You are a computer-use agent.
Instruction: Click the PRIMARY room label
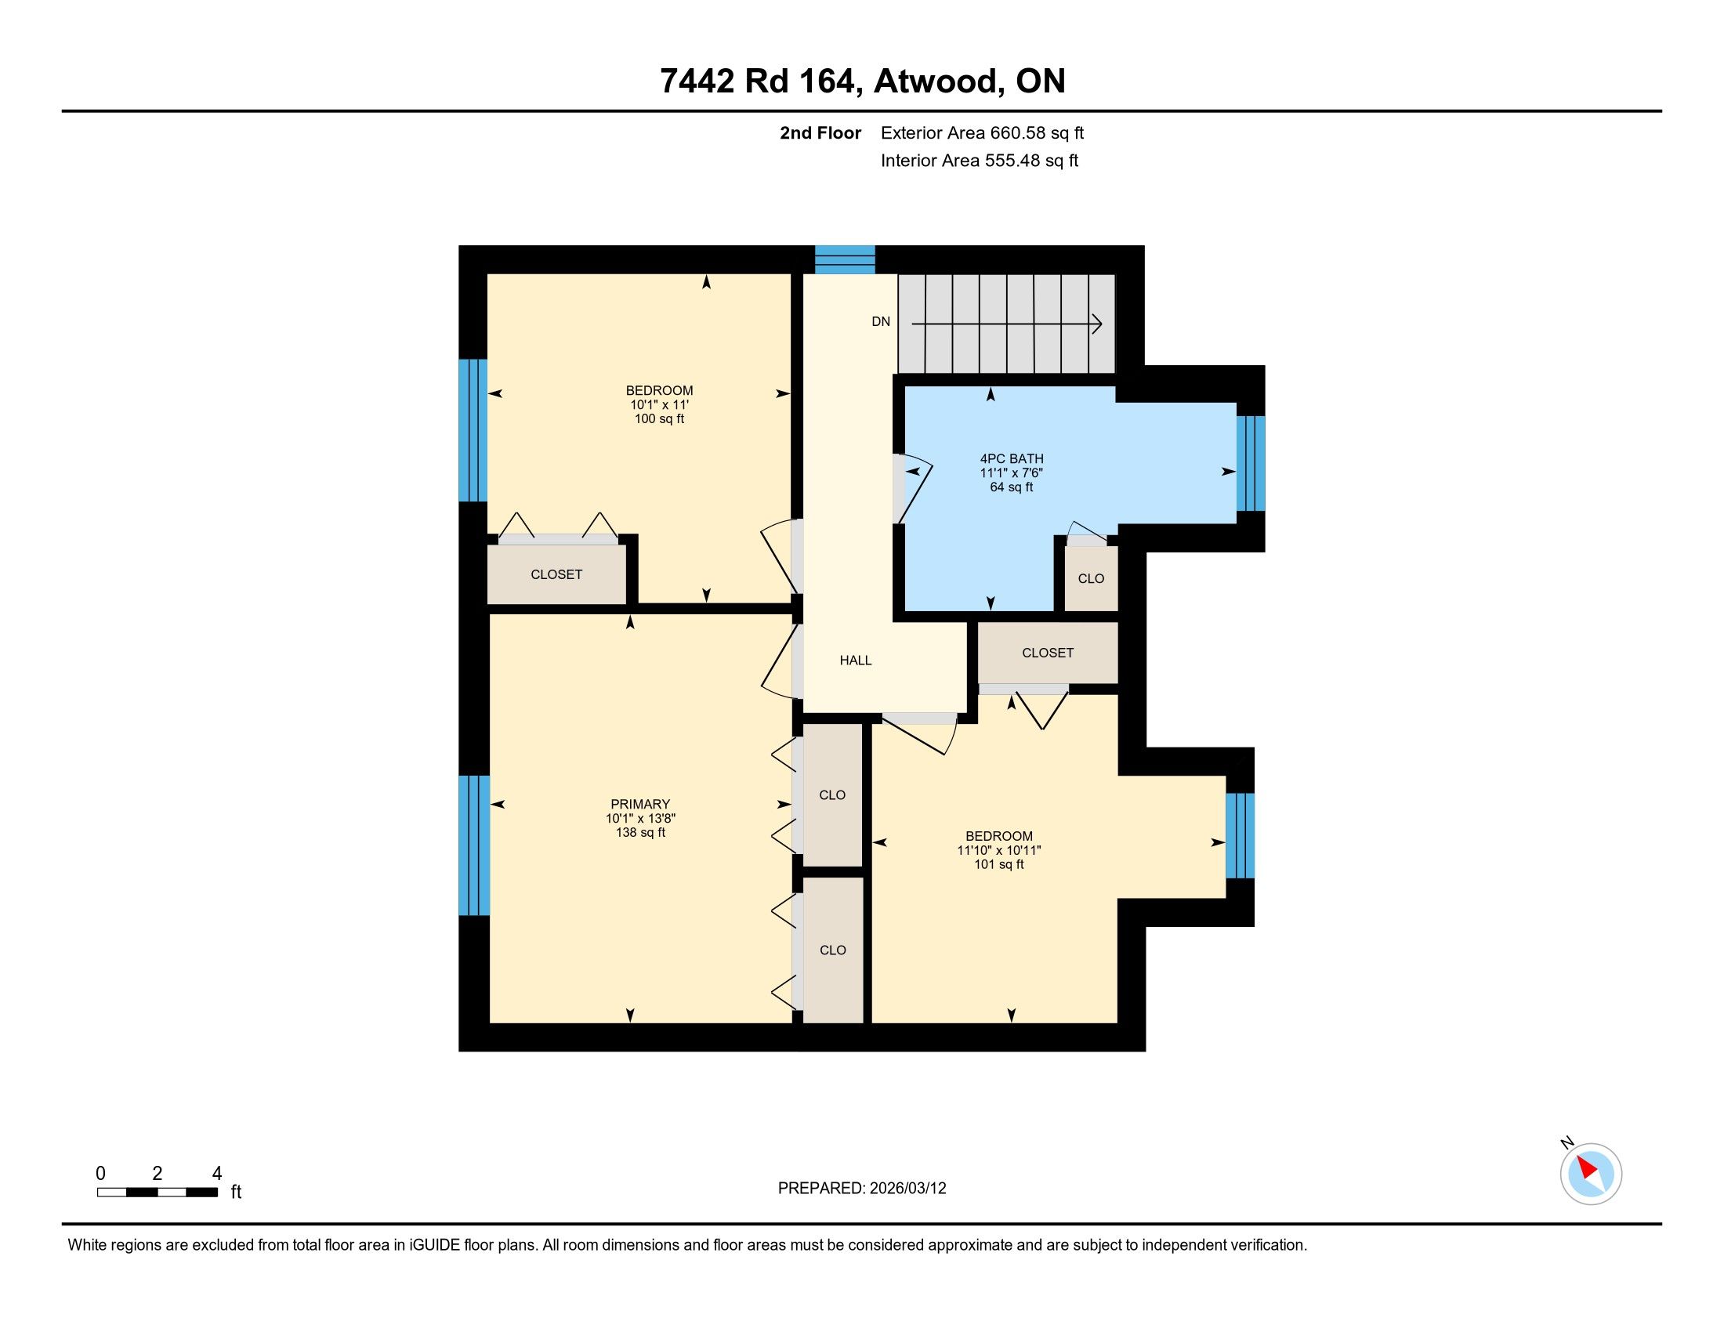tap(639, 805)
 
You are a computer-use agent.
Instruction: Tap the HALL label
tap(856, 661)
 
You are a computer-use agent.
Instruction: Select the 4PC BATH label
tap(1012, 458)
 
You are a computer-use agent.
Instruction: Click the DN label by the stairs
tap(881, 321)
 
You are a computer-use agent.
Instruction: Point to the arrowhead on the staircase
tap(1097, 324)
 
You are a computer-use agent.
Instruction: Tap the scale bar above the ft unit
tap(157, 1193)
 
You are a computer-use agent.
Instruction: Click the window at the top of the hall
tap(845, 259)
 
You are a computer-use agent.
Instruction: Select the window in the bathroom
tap(1251, 464)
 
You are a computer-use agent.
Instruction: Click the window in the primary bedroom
tap(473, 845)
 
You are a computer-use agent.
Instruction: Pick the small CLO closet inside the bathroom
tap(1091, 578)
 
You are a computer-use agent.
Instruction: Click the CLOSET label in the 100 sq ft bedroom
tap(556, 574)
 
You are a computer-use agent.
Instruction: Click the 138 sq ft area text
tap(640, 832)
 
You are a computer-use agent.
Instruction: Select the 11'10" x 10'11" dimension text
tap(999, 850)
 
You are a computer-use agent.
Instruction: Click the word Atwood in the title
tap(937, 81)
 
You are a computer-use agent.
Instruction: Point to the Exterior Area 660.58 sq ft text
tap(982, 133)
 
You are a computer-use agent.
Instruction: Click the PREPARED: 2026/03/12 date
tap(862, 1189)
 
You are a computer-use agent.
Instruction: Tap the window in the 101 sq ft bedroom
tap(1240, 835)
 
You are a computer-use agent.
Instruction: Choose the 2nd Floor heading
tap(820, 133)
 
